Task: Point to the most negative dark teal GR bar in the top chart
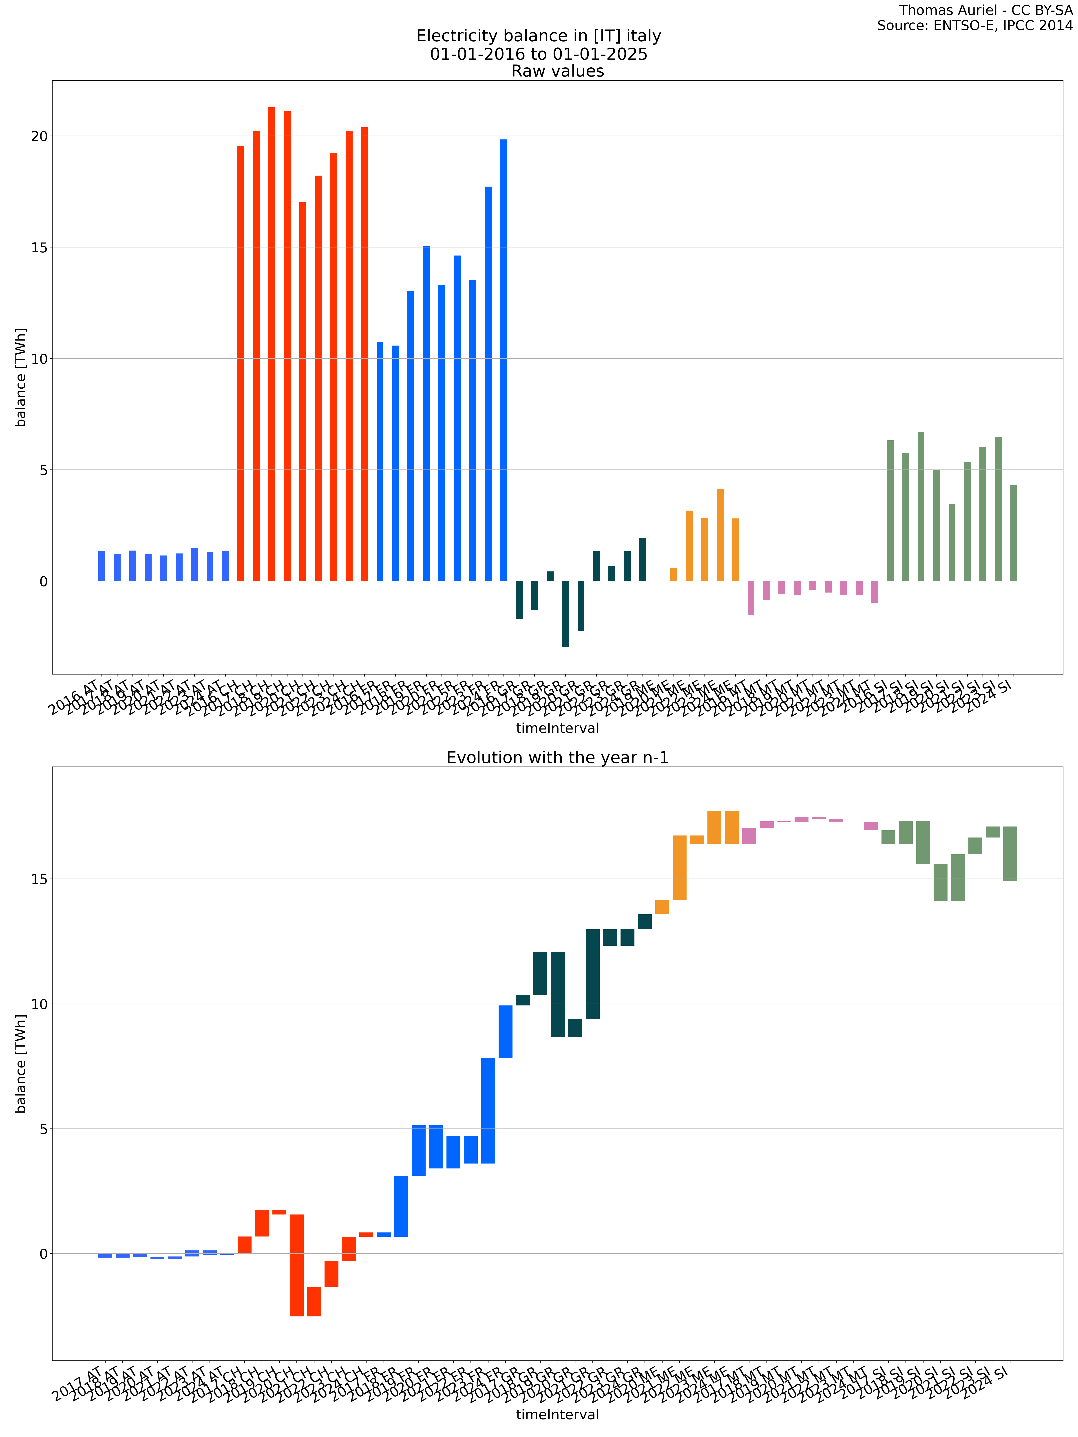565,614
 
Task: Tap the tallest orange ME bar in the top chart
720,535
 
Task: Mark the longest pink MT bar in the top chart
751,598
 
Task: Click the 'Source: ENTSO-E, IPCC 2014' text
975,26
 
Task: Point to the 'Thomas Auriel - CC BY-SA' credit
986,10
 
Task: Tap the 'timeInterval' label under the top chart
557,728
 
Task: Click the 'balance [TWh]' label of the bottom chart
21,1063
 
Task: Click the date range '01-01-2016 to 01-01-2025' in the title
539,54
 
